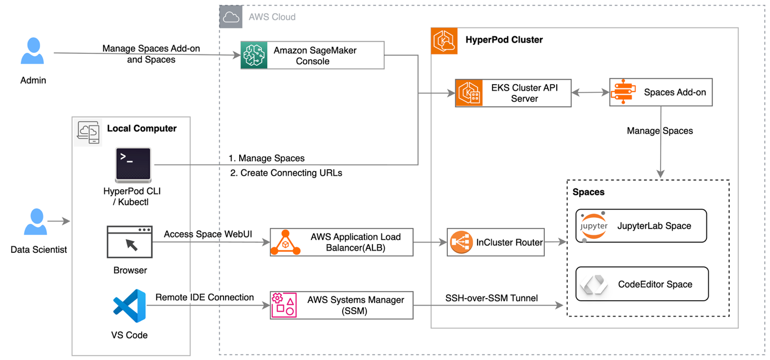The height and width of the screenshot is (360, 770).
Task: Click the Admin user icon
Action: tap(33, 52)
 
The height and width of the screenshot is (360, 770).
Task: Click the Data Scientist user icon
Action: tap(36, 222)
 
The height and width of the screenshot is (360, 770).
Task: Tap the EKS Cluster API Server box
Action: tap(512, 93)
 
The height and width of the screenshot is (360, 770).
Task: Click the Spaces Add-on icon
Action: tap(623, 92)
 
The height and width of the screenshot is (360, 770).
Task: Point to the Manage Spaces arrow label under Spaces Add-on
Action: tap(660, 131)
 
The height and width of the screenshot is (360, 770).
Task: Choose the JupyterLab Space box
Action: tap(641, 226)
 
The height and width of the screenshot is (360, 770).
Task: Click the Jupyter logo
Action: tap(593, 226)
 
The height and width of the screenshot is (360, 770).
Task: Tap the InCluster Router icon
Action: tap(461, 242)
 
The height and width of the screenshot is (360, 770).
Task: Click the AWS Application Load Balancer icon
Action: tap(285, 242)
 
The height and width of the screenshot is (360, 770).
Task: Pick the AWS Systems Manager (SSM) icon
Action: tap(284, 305)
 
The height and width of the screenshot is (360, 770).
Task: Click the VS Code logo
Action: tap(129, 306)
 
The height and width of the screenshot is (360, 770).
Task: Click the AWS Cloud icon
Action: tap(231, 17)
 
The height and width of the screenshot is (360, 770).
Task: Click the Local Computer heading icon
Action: tap(88, 131)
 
